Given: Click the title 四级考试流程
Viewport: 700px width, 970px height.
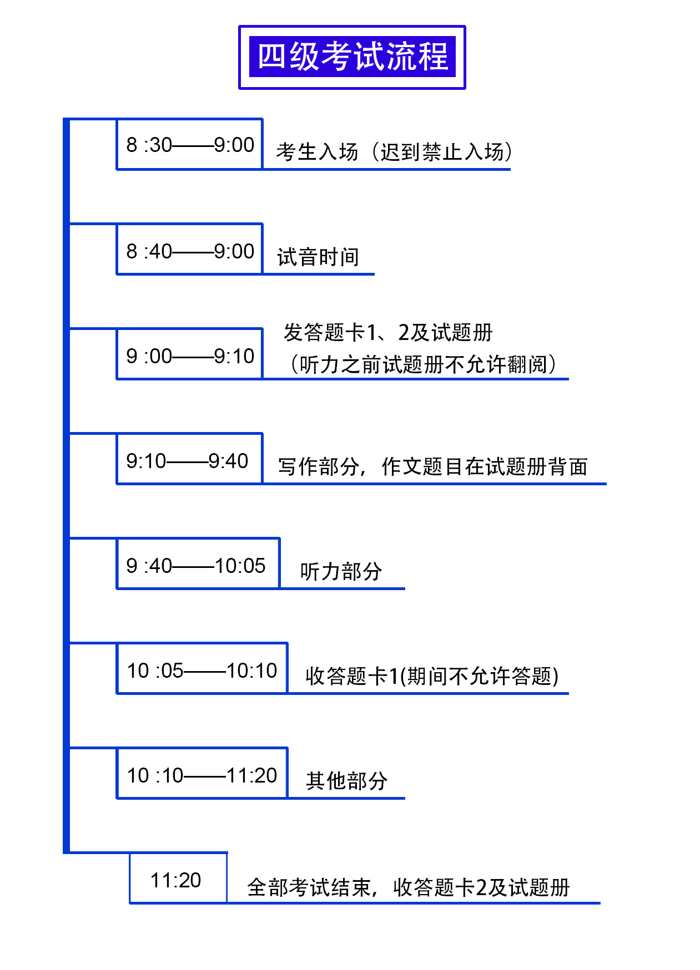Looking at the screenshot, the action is click(352, 57).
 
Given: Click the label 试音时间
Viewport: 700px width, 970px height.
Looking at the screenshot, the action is click(318, 257).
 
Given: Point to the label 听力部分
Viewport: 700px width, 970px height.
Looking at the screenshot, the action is click(341, 572).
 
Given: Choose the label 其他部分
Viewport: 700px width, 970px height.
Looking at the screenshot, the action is click(346, 781).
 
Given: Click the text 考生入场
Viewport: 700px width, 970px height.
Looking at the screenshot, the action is click(317, 152).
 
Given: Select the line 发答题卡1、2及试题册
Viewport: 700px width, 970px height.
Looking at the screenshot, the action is click(388, 333).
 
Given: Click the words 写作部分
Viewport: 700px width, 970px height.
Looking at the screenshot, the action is click(318, 466).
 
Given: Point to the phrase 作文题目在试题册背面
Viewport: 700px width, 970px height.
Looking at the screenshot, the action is click(485, 466).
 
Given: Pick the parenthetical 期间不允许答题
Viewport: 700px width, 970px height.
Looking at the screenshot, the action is click(479, 676).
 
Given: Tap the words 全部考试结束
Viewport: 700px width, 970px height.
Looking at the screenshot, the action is click(309, 887).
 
